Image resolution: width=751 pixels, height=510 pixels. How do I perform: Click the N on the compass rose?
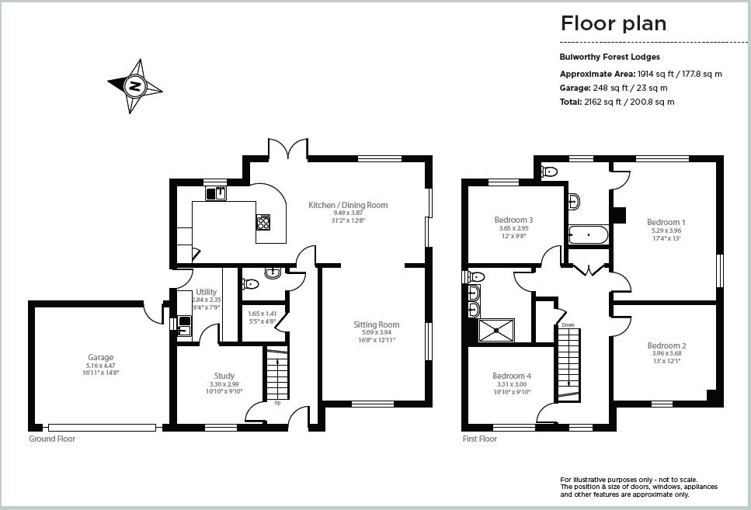pos(135,87)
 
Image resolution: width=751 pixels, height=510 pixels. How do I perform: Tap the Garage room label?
pos(101,357)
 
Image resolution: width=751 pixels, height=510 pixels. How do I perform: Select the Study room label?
pos(224,376)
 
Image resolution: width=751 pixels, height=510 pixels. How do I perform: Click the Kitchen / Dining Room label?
pos(348,205)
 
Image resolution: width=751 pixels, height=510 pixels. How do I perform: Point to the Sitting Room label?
pos(377,324)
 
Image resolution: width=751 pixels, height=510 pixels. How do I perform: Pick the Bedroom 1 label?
pos(666,222)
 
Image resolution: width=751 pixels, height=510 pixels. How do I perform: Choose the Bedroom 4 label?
pos(512,376)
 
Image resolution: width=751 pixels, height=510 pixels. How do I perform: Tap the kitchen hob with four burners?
pos(263,222)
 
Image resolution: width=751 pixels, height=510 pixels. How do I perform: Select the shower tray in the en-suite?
pos(496,331)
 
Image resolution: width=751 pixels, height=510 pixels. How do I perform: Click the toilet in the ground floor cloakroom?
pos(251,284)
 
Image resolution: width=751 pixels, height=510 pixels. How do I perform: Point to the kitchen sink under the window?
pos(216,193)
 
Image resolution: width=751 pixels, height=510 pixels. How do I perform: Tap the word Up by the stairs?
pos(277,403)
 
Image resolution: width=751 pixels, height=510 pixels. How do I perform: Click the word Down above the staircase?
pos(568,324)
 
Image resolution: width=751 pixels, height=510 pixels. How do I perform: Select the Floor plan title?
pos(614,23)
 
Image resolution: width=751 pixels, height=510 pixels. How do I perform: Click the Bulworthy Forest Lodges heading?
pos(610,57)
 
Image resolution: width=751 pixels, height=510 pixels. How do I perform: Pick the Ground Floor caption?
pos(52,439)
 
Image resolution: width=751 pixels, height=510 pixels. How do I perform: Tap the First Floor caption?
pos(480,439)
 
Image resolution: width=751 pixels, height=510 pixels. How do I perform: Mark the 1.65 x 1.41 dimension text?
pos(262,314)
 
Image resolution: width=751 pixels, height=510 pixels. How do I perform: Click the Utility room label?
pos(207,292)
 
